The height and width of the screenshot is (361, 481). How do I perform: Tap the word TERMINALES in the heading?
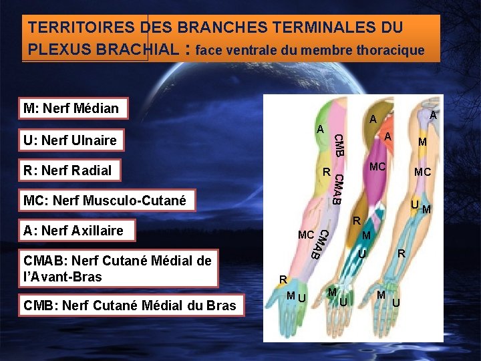click(x=322, y=28)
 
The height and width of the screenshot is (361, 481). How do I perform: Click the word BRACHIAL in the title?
click(x=139, y=50)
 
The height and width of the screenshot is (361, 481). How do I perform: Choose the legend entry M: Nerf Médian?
click(x=71, y=108)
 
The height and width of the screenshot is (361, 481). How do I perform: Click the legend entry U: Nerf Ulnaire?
click(x=70, y=140)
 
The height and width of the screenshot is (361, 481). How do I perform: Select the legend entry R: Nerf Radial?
click(x=67, y=170)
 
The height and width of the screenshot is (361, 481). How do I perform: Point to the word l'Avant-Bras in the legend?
click(x=63, y=276)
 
